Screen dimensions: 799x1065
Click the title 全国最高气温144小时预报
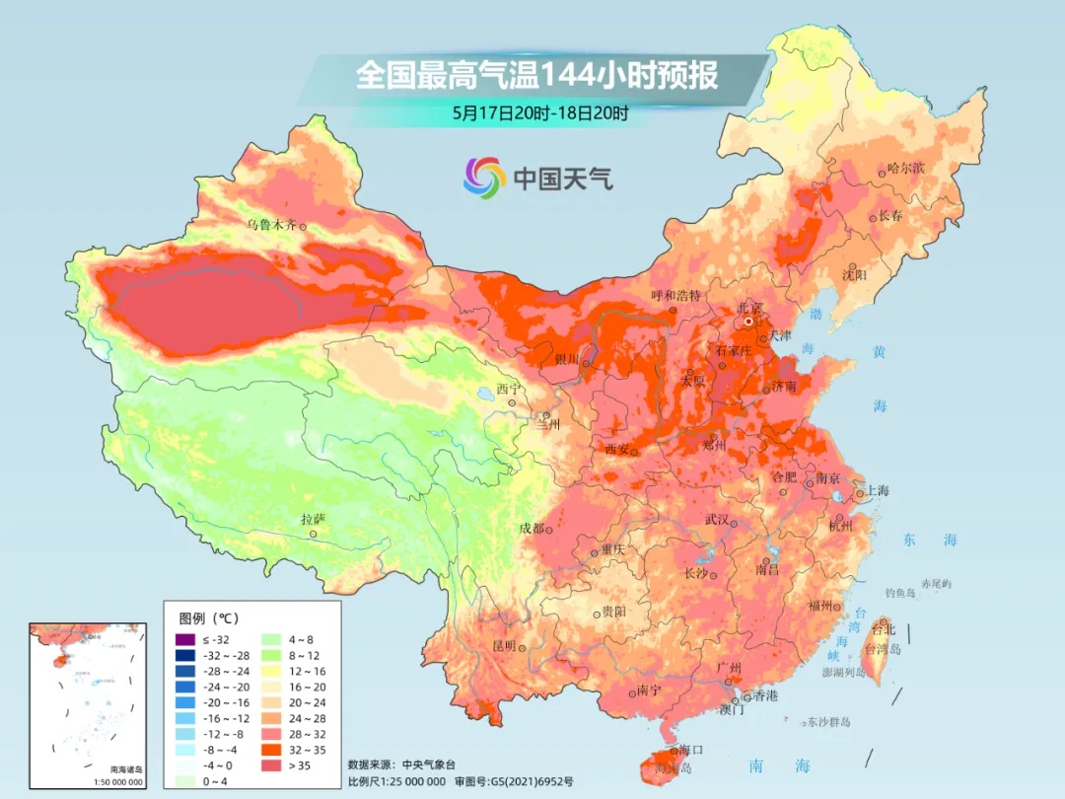[x=536, y=76]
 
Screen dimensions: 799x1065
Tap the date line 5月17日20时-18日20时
[x=539, y=112]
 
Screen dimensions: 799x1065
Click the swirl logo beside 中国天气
[x=484, y=177]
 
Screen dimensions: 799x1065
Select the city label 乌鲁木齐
[x=271, y=226]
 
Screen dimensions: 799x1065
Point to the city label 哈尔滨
[x=906, y=169]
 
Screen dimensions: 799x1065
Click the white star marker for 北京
[x=749, y=321]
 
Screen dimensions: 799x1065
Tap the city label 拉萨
[x=313, y=519]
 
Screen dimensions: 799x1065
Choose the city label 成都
[x=531, y=528]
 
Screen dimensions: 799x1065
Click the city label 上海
[x=878, y=491]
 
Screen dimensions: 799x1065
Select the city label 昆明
[x=503, y=646]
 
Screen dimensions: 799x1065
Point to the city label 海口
[x=691, y=750]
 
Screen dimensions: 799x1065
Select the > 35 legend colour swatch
[x=270, y=765]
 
